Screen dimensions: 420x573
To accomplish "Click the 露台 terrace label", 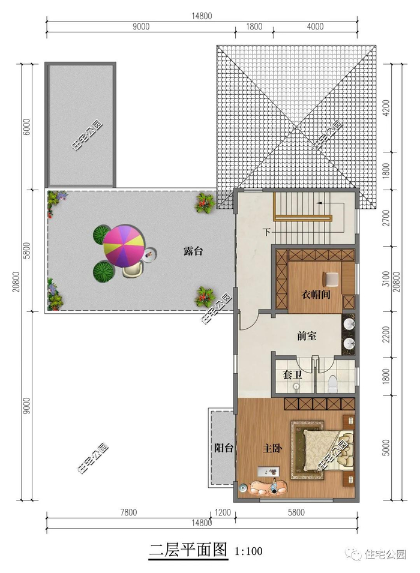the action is click(x=193, y=251).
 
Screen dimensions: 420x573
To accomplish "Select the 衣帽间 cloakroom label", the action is click(x=316, y=294).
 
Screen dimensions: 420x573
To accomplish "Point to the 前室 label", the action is click(x=307, y=336).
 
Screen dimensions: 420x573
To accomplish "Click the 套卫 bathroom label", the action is click(x=292, y=375).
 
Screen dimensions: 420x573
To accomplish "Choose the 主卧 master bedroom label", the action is click(x=272, y=448).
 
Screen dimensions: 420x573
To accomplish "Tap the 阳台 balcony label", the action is click(x=223, y=448).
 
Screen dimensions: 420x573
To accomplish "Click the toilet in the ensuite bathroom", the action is click(x=332, y=384).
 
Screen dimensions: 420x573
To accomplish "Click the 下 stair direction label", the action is click(x=267, y=232).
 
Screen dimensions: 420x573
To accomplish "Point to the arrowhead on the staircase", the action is click(x=319, y=203).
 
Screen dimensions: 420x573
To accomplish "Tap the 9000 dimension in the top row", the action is click(x=141, y=26).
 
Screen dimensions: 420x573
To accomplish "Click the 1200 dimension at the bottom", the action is click(x=223, y=512).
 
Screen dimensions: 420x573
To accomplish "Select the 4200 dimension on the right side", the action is click(x=386, y=108).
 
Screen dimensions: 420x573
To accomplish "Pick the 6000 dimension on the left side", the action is click(x=27, y=127).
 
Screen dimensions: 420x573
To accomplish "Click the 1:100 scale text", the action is click(x=248, y=551).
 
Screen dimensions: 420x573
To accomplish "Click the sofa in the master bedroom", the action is click(x=268, y=487).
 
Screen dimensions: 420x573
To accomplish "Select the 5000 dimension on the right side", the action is click(x=386, y=448).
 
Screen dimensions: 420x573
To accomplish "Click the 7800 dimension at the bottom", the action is click(x=128, y=512).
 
